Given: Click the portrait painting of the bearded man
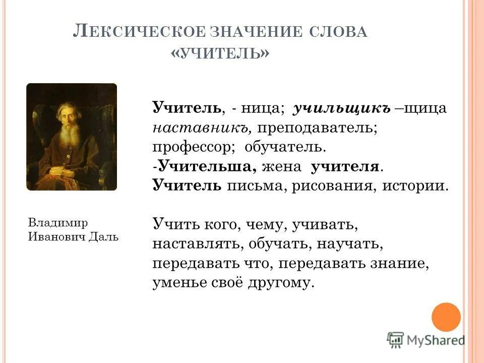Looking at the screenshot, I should (x=72, y=137).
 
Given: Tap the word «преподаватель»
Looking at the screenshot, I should (x=318, y=128).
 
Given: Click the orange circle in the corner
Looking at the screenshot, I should (x=446, y=317).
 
